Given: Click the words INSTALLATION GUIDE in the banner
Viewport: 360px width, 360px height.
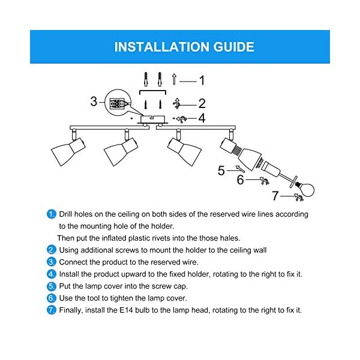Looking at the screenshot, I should (x=184, y=47).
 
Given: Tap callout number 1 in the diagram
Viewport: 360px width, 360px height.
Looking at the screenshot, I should (x=202, y=80).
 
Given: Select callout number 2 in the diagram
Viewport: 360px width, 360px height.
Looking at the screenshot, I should (x=202, y=103).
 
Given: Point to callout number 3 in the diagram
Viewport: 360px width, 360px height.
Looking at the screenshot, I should (x=94, y=101).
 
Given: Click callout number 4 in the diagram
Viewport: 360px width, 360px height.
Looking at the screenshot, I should (x=202, y=118).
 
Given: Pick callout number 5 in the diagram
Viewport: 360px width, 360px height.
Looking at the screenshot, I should (x=221, y=171).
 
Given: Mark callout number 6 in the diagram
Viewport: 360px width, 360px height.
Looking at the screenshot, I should (x=241, y=179).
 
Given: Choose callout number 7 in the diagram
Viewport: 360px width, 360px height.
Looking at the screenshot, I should (x=275, y=195).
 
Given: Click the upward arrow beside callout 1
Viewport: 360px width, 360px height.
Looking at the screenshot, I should (x=174, y=79).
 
